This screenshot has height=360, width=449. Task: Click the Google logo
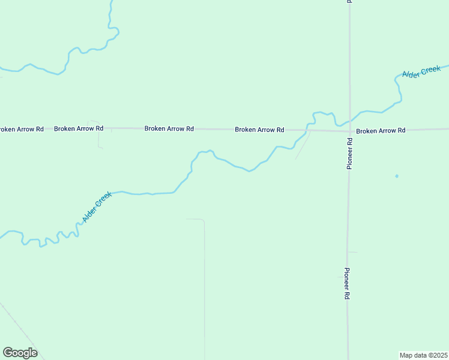[20, 353]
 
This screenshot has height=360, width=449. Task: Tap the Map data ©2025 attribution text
[424, 355]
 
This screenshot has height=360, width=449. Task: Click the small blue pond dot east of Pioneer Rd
[396, 176]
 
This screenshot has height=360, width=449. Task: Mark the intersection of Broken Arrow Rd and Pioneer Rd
[349, 130]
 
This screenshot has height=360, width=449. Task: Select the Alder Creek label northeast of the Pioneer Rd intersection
[421, 73]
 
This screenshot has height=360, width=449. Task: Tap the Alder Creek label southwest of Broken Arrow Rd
[97, 207]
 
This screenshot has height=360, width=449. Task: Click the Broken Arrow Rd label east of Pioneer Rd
[381, 130]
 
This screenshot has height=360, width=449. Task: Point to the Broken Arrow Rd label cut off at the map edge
[22, 129]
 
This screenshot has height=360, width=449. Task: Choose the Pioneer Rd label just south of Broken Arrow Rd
[349, 153]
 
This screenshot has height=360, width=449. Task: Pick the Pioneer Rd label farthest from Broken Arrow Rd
[347, 283]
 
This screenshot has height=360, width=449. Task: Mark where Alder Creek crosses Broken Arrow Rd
[307, 129]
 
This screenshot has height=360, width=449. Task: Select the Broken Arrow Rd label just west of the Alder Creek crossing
[259, 129]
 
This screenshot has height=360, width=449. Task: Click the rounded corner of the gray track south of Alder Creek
[202, 221]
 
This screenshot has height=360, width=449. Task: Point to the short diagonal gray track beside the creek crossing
[303, 146]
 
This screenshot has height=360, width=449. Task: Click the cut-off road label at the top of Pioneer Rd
[349, 2]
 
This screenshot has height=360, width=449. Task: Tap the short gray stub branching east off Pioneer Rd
[353, 252]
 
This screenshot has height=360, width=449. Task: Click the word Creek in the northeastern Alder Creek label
[431, 70]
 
